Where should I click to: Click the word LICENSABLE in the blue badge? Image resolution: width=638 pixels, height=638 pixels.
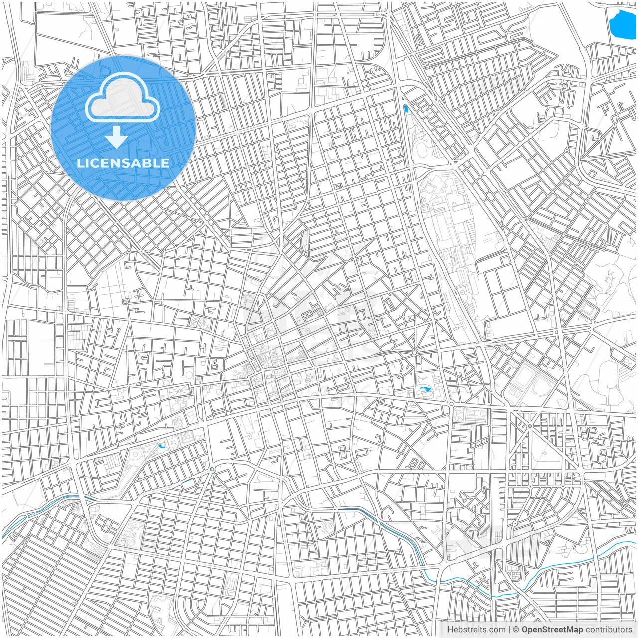[123, 163]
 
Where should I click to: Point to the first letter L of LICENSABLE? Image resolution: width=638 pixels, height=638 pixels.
[80, 163]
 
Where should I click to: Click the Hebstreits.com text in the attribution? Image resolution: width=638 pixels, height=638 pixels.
[476, 630]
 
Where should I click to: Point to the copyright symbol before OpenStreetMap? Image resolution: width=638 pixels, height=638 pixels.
[516, 630]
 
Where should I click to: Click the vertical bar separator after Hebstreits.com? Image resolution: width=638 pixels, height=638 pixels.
[509, 630]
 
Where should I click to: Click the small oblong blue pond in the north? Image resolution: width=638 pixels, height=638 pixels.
[406, 108]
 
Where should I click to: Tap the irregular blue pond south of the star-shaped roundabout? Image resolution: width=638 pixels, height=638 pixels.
[424, 389]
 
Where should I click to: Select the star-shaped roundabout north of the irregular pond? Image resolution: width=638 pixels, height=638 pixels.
[414, 353]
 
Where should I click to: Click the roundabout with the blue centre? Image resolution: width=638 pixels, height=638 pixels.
[212, 469]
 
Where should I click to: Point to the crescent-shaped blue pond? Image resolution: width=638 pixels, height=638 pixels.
[162, 445]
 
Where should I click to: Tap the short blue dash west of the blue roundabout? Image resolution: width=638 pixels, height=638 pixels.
[188, 481]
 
